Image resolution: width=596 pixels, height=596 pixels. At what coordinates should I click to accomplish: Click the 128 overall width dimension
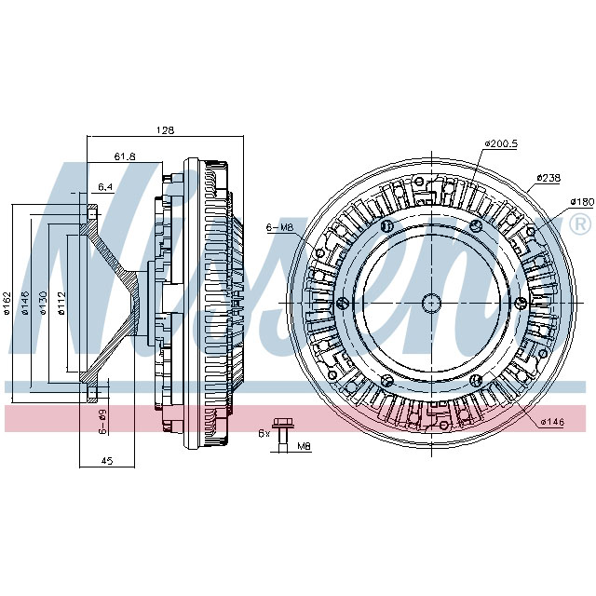click(x=165, y=130)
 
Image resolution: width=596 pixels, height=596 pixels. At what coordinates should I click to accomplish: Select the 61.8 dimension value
click(x=125, y=157)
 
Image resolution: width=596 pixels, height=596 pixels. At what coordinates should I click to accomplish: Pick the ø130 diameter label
click(x=44, y=304)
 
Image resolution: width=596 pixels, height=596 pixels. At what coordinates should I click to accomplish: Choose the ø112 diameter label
click(x=61, y=304)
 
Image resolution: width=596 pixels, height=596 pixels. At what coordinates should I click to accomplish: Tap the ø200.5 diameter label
click(x=500, y=144)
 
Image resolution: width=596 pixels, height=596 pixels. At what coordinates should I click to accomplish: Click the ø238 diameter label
click(x=549, y=178)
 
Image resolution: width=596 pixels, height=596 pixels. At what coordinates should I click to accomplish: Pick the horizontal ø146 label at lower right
click(x=554, y=422)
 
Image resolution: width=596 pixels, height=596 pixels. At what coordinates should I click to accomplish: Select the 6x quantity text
click(x=264, y=433)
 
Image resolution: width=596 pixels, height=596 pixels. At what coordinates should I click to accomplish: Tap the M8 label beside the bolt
click(x=304, y=448)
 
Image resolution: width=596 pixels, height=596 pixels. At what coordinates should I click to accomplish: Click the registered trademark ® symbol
click(x=578, y=224)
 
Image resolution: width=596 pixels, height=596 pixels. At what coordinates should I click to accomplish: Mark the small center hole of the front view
click(x=431, y=302)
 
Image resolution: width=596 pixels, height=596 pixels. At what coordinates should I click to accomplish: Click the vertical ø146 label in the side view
click(x=26, y=304)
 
